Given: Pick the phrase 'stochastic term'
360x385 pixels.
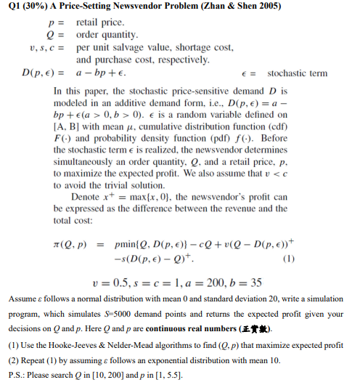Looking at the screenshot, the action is click(x=298, y=73).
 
